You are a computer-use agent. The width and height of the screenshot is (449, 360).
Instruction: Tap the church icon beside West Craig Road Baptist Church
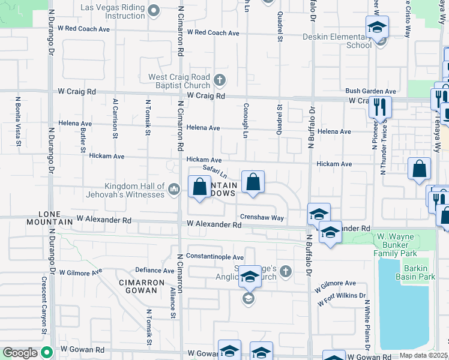click(x=220, y=79)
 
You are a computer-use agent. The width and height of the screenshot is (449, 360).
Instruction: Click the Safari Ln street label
click(x=214, y=172)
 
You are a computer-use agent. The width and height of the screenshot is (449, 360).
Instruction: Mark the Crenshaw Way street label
click(x=262, y=217)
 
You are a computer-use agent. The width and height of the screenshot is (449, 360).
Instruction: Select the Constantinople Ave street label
click(x=214, y=257)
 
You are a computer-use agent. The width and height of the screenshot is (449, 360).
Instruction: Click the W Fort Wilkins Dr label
click(x=342, y=298)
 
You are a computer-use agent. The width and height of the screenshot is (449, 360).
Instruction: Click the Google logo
click(x=20, y=353)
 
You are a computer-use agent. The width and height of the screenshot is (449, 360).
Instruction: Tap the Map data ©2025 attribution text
click(x=424, y=355)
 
